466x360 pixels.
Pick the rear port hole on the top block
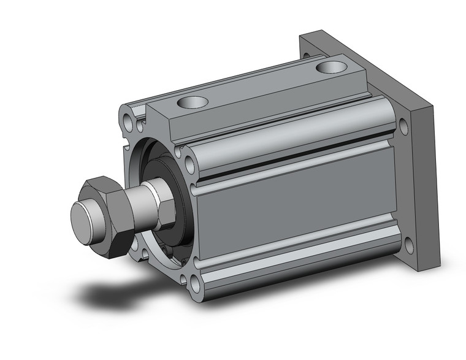tap(331, 66)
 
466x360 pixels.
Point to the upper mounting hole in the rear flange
tap(403, 128)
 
